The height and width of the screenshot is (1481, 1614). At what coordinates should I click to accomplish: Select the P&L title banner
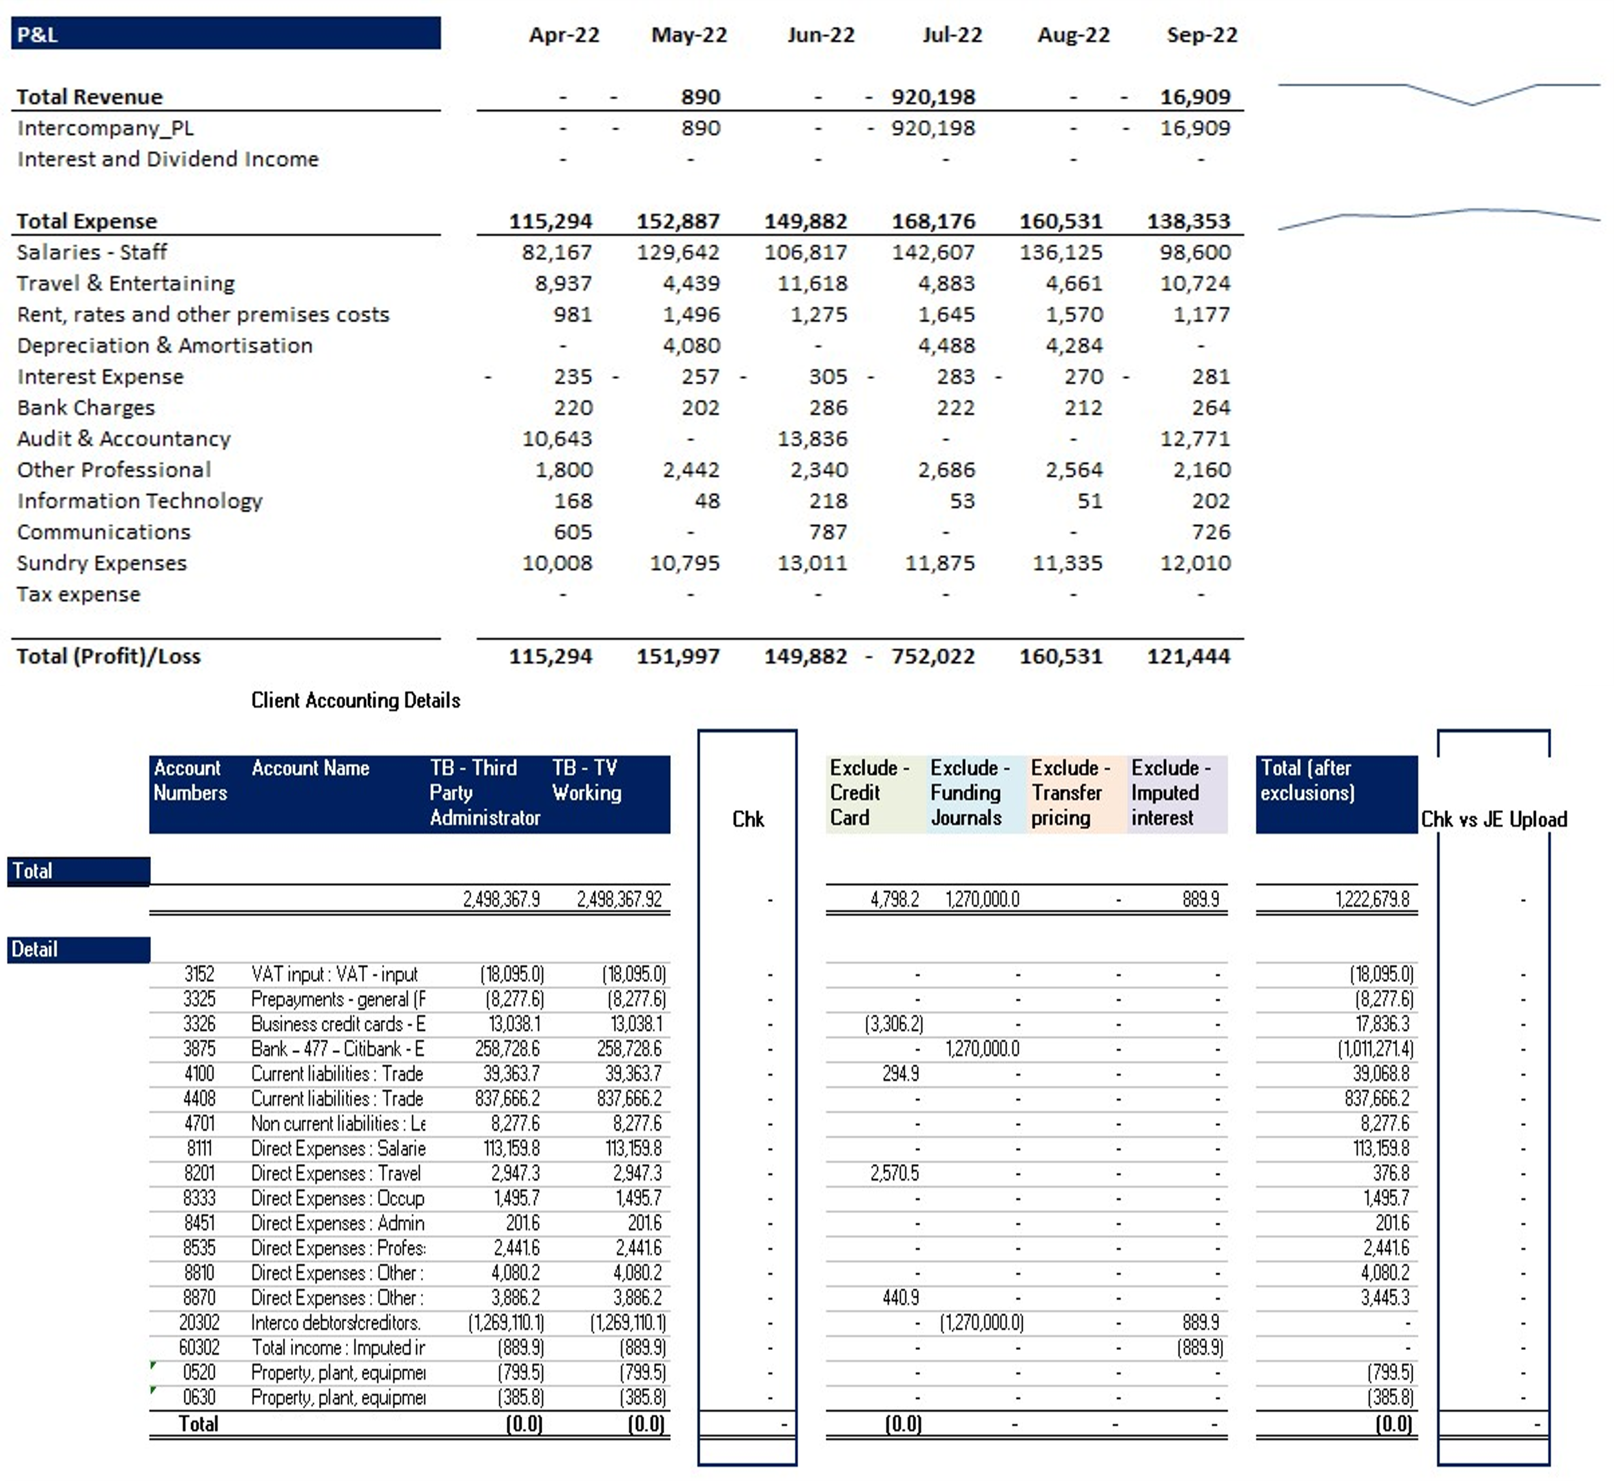click(226, 34)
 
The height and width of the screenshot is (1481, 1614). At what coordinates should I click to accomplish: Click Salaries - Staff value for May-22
click(678, 252)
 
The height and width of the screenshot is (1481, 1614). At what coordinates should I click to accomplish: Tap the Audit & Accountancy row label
click(123, 439)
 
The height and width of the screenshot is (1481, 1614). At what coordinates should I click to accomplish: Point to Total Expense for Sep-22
click(1189, 221)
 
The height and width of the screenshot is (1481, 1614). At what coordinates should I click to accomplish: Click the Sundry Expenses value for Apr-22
click(557, 564)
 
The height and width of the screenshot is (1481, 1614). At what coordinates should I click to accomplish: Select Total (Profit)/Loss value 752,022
click(933, 657)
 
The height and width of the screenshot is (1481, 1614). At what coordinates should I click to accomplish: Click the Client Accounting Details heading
click(356, 700)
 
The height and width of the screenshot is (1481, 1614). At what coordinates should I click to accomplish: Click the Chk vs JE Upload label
click(1494, 819)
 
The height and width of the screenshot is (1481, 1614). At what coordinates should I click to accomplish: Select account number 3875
click(199, 1049)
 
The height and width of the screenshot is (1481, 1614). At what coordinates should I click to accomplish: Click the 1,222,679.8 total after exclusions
click(1372, 899)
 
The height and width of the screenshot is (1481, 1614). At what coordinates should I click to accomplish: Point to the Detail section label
click(79, 950)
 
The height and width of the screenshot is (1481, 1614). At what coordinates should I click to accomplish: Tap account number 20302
click(199, 1323)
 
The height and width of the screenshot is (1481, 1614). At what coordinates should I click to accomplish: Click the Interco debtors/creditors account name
click(336, 1323)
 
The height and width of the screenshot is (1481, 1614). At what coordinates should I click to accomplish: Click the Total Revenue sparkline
click(1438, 93)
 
